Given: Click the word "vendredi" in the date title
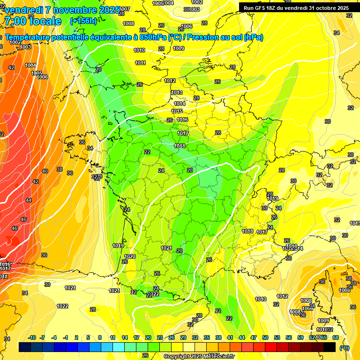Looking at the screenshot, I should point(23,10).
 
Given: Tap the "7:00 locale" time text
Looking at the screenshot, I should point(33,21).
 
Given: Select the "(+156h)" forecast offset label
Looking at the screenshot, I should point(83,21).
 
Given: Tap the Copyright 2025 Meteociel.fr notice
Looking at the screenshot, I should point(199,356).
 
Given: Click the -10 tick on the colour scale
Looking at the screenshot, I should point(32,337).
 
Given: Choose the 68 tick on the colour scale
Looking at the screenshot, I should point(336,337).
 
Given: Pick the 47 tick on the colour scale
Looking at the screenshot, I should point(254,337).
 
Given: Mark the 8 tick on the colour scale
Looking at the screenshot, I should point(100,337).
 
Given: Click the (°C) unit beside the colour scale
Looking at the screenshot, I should point(345,348).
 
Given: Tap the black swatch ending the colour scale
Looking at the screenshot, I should point(330,347).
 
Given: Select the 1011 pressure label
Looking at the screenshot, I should point(140,63).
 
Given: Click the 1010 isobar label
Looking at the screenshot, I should point(139,50).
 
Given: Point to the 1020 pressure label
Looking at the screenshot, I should point(130,256).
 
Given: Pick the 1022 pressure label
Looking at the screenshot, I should point(62,306).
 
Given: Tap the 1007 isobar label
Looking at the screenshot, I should point(126,9).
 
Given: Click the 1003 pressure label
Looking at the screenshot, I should point(25,47).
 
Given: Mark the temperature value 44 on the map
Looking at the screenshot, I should point(29,200).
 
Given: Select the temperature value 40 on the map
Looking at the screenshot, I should point(45,171).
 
